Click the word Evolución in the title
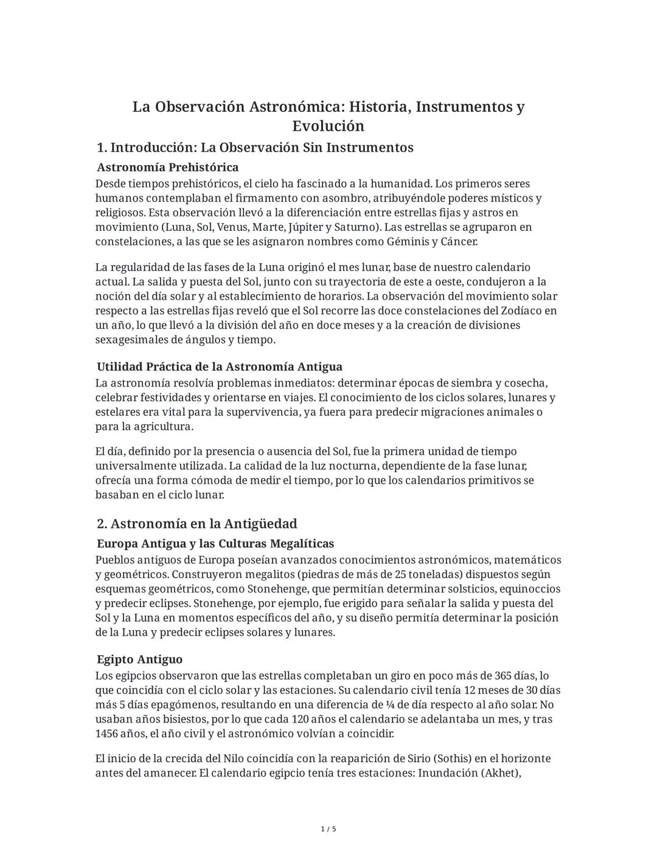tap(328, 126)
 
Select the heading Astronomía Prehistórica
tap(167, 167)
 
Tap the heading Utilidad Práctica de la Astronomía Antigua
tap(219, 366)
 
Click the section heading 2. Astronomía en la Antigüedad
tap(197, 524)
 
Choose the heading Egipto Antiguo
tap(139, 659)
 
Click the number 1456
tap(109, 734)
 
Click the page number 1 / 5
tap(328, 829)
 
